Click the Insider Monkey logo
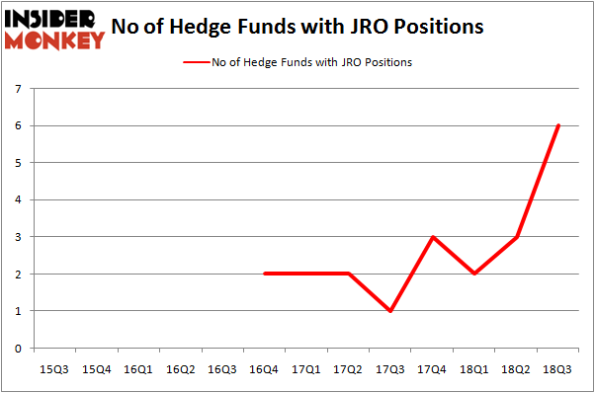[x=55, y=28]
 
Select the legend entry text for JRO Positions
[x=311, y=62]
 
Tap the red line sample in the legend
[x=196, y=62]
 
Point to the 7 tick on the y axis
[x=18, y=89]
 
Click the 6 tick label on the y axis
[x=18, y=125]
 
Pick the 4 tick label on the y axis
[x=18, y=199]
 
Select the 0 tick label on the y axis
[x=18, y=348]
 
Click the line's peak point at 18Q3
[x=558, y=125]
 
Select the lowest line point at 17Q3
[x=390, y=311]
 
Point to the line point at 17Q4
[x=432, y=237]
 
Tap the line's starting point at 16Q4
[x=264, y=274]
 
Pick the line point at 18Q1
[x=474, y=274]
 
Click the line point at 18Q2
[x=516, y=237]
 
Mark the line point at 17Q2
[x=348, y=274]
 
